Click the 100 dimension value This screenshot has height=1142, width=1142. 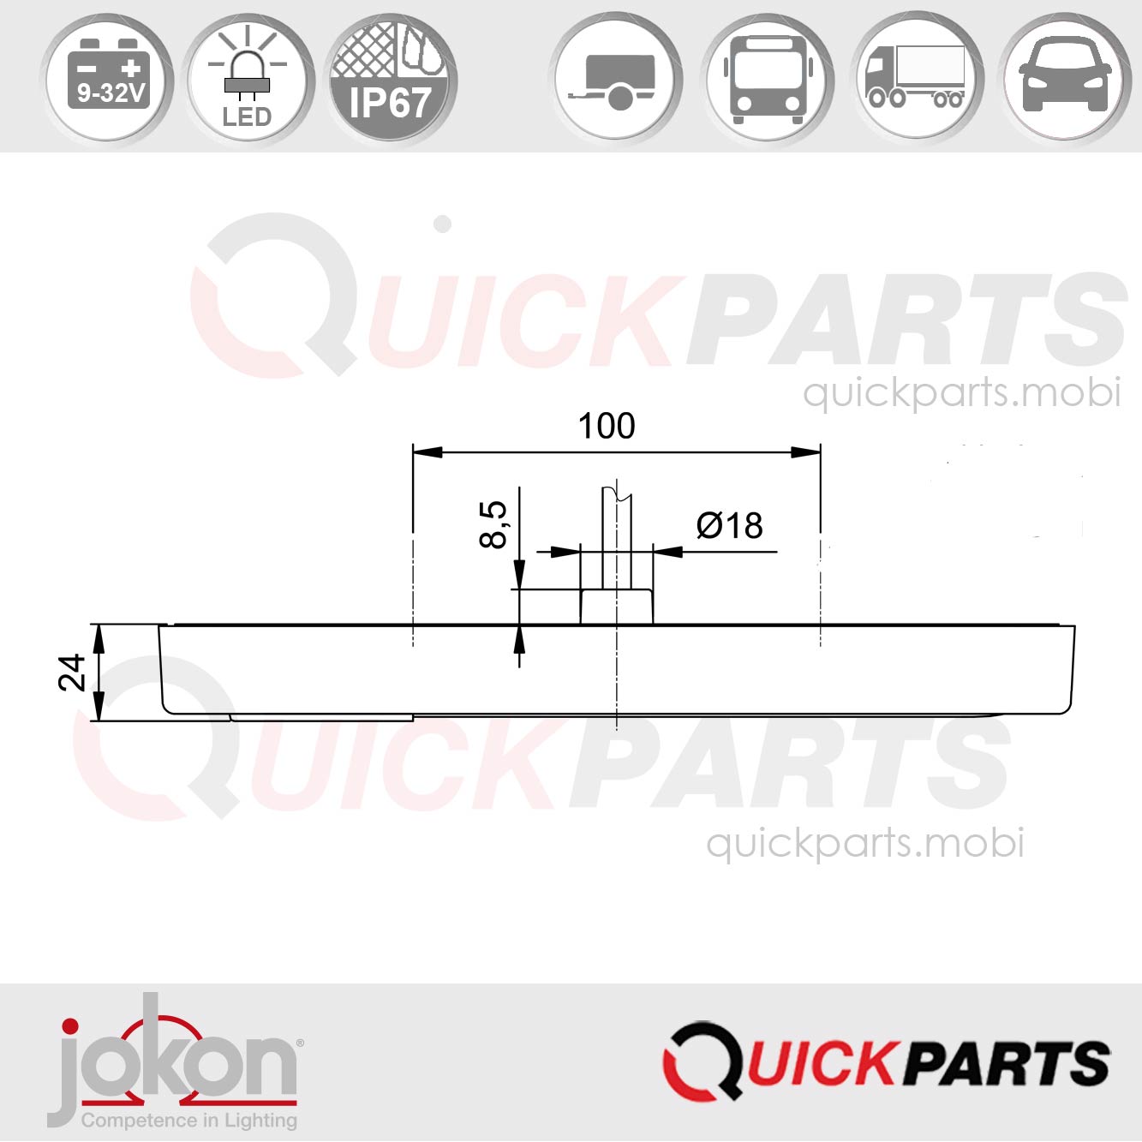(x=607, y=426)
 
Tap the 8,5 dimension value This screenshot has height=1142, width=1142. (x=494, y=524)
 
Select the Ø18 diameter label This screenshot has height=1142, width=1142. (x=729, y=525)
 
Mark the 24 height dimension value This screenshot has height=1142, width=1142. (x=73, y=673)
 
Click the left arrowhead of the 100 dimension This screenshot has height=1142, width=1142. (x=428, y=451)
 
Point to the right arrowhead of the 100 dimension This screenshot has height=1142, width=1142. (x=806, y=451)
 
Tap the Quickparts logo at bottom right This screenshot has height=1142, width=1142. (x=886, y=1062)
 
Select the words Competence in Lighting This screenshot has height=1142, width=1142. (x=189, y=1121)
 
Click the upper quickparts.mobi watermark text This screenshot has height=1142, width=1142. (x=961, y=392)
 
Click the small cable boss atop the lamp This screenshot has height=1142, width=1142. (x=617, y=607)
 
